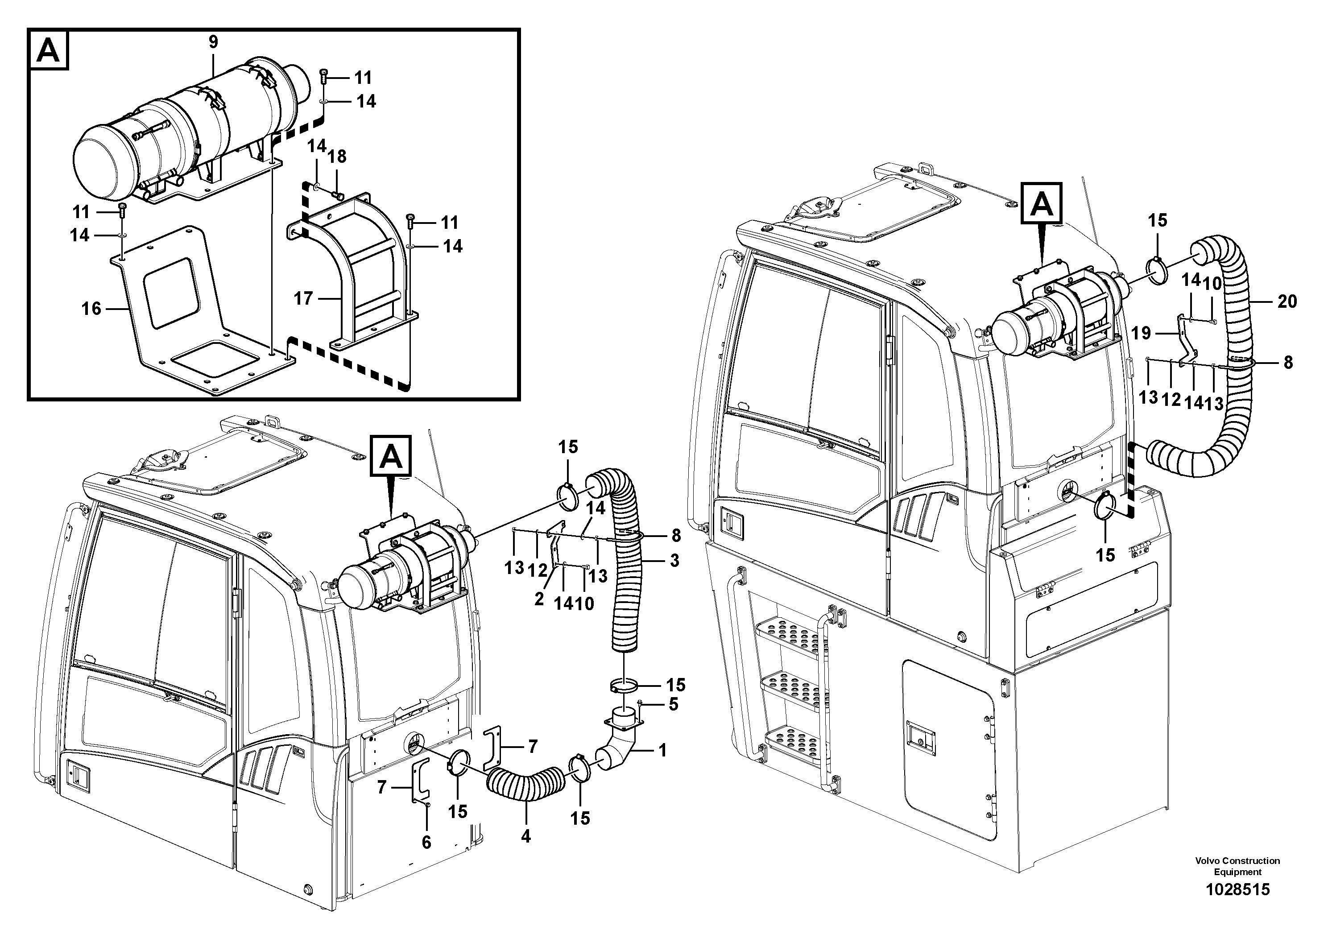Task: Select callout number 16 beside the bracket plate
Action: [91, 308]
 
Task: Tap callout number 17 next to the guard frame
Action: [303, 298]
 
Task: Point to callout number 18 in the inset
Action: [337, 156]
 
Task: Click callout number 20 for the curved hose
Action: [1287, 302]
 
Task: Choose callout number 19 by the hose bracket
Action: [1142, 333]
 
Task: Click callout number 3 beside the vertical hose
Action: [674, 560]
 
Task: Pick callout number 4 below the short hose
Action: [526, 836]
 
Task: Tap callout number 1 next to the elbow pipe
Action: [663, 751]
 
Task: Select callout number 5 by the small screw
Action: [673, 704]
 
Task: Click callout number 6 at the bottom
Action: [426, 843]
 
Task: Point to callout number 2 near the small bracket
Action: [539, 599]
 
